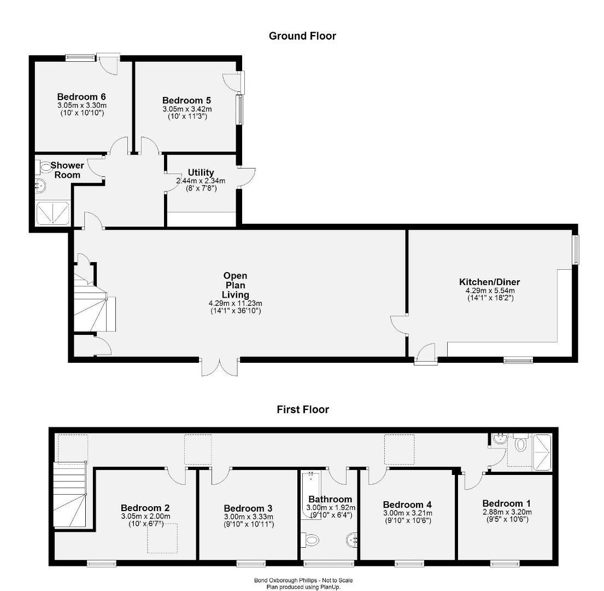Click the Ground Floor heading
[302, 36]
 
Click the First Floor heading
[303, 409]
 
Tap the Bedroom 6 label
[81, 97]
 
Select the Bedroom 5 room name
[186, 101]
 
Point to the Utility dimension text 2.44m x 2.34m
[201, 181]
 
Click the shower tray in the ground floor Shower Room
[53, 213]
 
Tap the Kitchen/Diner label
[489, 282]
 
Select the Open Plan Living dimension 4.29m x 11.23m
[236, 304]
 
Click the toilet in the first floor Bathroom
[310, 540]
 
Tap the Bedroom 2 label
[145, 508]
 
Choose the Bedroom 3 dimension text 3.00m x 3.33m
[249, 517]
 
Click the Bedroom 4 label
[407, 505]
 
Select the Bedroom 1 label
[507, 503]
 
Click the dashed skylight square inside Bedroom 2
[162, 538]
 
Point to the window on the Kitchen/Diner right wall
[576, 250]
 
